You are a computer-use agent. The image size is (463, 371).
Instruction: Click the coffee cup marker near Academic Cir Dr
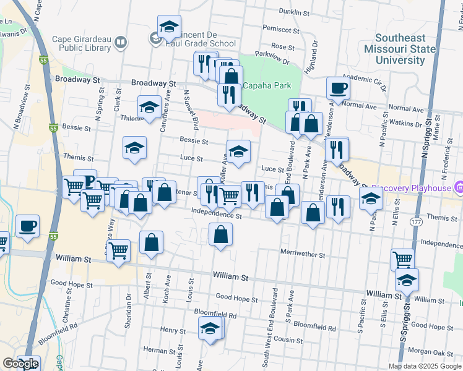(338, 88)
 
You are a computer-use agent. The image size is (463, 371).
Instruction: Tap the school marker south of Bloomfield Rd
(210, 330)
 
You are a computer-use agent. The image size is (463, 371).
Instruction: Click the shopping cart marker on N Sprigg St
(402, 260)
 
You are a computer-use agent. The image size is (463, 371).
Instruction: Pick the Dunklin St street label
(293, 12)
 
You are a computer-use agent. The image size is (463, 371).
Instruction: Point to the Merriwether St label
(302, 254)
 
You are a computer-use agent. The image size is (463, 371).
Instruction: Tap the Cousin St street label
(288, 340)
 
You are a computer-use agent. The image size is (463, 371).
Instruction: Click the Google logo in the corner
(20, 364)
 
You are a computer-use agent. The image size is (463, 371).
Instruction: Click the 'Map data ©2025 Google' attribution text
(424, 366)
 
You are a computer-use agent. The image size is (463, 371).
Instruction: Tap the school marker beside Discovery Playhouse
(370, 198)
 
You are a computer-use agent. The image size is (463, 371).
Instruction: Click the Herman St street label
(155, 349)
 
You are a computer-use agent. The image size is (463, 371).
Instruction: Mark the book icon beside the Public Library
(121, 43)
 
